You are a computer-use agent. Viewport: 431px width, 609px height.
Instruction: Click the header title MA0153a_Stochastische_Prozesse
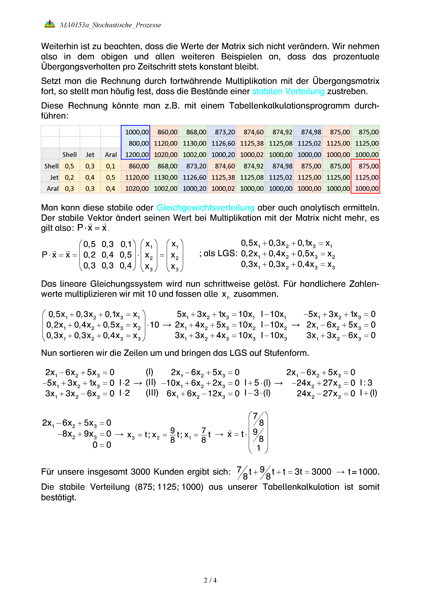point(110,25)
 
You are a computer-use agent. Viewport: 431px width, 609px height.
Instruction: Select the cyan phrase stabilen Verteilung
point(288,91)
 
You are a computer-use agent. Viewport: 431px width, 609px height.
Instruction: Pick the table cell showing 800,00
point(135,143)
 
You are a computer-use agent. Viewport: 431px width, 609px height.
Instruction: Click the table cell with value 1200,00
point(135,155)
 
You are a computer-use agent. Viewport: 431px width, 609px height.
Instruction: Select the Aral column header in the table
point(111,155)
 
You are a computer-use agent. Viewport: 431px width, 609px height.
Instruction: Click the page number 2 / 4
point(210,580)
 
